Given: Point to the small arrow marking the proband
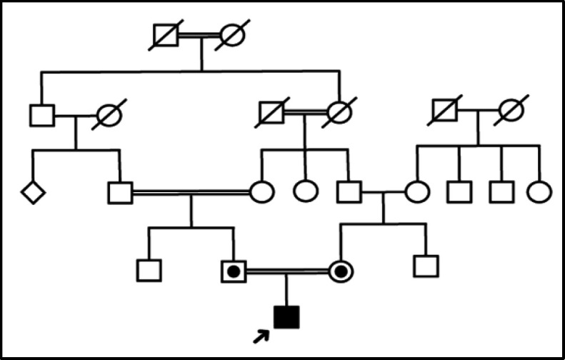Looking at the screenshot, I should pos(262,334).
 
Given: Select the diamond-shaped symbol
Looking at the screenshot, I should pos(33,192).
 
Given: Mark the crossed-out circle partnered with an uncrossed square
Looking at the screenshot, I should pos(109,115).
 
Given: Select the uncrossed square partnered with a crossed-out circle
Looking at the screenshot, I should pos(42,115).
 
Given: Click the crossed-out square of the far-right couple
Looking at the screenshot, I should pos(444,110).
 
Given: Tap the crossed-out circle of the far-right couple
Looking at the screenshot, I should pos(511,110).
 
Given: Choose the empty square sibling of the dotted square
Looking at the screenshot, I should pos(149,270).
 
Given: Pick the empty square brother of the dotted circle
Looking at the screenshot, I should pos(426,266).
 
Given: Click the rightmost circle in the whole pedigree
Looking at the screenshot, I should pos(539,191).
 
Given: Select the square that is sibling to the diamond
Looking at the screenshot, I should pos(120,192).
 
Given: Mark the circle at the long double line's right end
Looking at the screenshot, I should pos(262,191).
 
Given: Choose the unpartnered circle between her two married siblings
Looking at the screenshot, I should pos(306,191).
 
